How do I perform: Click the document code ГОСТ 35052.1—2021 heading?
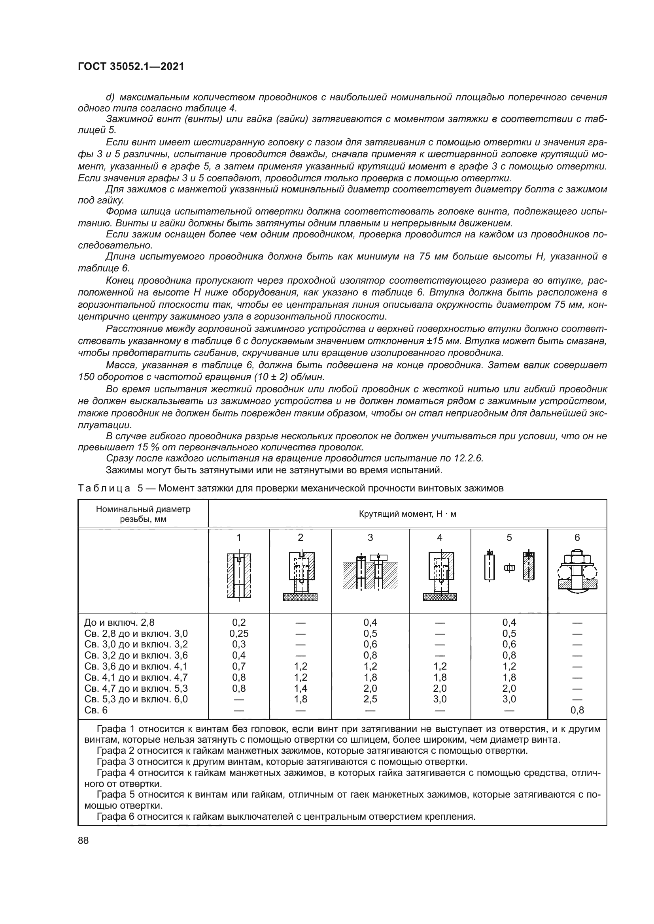coord(131,67)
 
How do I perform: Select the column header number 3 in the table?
coord(370,537)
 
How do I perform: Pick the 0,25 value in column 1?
coord(239,634)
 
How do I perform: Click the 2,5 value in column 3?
coord(370,699)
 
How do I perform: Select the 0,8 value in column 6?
coord(577,710)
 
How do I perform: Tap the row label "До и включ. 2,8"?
coord(119,623)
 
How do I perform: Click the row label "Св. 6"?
coord(96,710)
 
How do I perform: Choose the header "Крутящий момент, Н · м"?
coord(408,514)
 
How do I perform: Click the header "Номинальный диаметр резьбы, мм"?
coord(143,514)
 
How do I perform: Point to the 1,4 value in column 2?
coord(301,688)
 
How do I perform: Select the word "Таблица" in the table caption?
coord(104,488)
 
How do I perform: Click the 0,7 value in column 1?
coord(239,666)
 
